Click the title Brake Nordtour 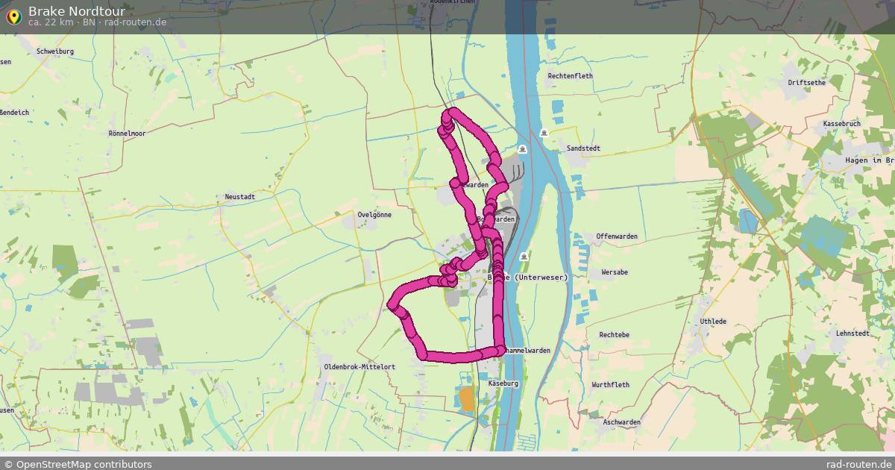[x=76, y=11]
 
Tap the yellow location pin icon [x=13, y=16]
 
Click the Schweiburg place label [x=55, y=51]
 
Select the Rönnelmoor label [x=127, y=134]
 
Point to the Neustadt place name [x=240, y=197]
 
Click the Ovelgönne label [x=374, y=215]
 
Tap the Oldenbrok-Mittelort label [x=359, y=367]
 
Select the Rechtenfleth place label [x=570, y=76]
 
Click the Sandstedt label [x=583, y=148]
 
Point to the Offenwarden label [x=617, y=236]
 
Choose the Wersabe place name [x=615, y=272]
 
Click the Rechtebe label [x=615, y=335]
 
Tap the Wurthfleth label [x=610, y=385]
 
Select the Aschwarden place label [x=621, y=422]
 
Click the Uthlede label [x=713, y=322]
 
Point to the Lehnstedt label [x=852, y=333]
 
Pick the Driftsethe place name [x=806, y=83]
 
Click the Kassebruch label [x=841, y=123]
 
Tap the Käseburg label [x=503, y=383]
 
